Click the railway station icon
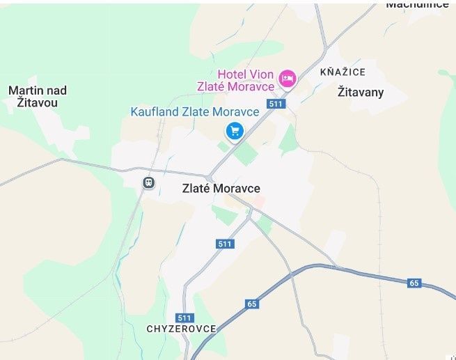point(148,182)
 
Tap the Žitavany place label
point(360,92)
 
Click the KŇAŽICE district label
point(342,72)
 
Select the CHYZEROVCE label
point(181,328)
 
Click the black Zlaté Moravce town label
point(221,189)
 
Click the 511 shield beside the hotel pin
point(276,104)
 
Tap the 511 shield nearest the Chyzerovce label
point(184,317)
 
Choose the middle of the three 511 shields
point(224,244)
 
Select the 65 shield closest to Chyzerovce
point(251,304)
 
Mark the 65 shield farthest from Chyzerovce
point(414,283)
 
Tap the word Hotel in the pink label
point(232,74)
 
